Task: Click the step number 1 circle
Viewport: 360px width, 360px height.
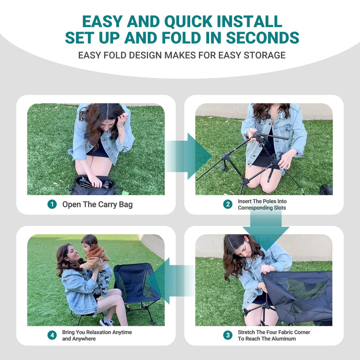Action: [x=52, y=204]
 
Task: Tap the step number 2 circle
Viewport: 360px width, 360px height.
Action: [x=228, y=204]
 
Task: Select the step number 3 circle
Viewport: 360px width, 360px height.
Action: [x=228, y=335]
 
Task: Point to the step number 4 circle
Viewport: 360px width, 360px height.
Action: [x=52, y=335]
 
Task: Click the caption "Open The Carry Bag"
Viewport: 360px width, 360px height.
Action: [x=97, y=204]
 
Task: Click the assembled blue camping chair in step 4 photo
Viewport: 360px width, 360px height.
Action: [x=135, y=283]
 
